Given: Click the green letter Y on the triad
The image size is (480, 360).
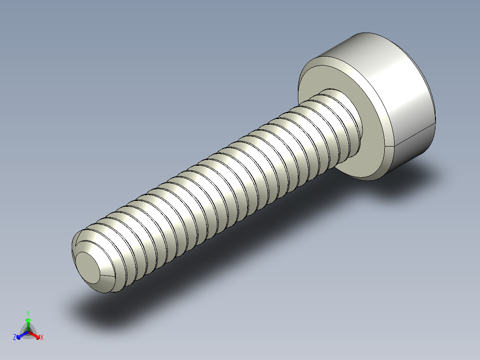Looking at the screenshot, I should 28,313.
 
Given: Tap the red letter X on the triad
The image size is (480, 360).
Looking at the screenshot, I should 42,338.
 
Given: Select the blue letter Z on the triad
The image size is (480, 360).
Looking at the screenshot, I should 15,338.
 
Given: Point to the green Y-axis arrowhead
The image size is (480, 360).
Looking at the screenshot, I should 28,320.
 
